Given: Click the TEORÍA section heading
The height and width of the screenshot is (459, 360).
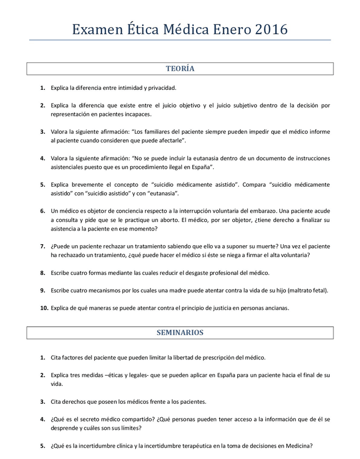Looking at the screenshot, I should coord(180,69).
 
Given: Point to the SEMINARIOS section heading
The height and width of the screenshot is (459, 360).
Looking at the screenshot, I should coord(180,332).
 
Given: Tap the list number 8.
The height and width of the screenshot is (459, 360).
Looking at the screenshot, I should coord(42,273).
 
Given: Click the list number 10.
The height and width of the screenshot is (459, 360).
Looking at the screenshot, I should coord(44,308).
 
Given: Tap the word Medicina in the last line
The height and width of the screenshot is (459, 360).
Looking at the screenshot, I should coord(298,446).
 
